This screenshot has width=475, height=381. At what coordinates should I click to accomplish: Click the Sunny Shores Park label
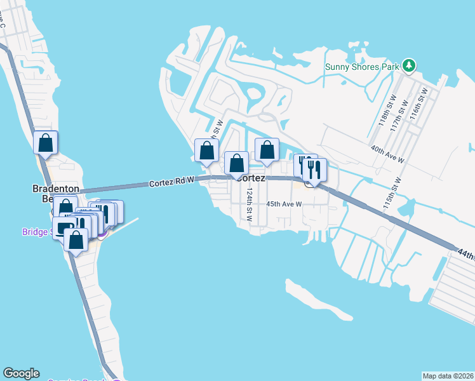[x=362, y=66]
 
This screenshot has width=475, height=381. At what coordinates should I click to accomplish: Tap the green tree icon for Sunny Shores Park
[x=410, y=65]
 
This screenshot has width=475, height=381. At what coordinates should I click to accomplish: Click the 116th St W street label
[x=419, y=105]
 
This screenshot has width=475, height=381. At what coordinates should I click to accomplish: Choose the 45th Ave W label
[x=283, y=204]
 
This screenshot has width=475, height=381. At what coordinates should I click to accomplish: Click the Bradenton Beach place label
[x=55, y=194]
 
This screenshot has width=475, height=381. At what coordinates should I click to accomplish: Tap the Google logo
[x=21, y=373]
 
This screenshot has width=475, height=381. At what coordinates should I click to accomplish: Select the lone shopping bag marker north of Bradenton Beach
[x=46, y=144]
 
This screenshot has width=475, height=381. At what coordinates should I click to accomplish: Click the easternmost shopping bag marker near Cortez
[x=267, y=150]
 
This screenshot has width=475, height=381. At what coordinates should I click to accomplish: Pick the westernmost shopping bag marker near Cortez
[x=206, y=151]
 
